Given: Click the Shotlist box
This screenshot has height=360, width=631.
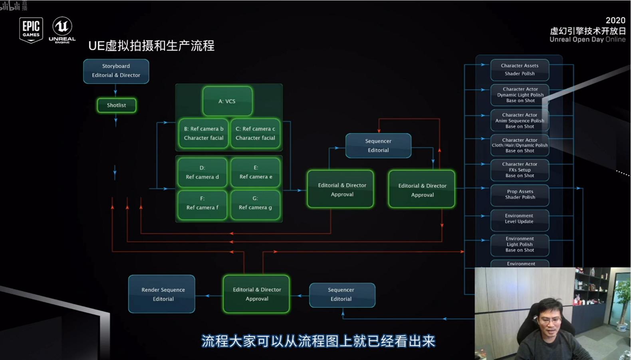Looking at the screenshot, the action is coord(116,105).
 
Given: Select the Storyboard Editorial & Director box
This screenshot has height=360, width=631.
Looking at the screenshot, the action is coord(116,71).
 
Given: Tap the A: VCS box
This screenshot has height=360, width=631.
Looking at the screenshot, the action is coord(227,101).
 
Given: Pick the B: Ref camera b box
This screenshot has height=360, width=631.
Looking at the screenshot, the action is coord(203,133).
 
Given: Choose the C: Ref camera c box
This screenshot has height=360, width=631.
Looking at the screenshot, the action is coord(255,133).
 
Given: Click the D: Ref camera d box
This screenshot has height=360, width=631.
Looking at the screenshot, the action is coord(202,172).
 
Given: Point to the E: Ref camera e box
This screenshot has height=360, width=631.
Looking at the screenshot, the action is coord(256,172).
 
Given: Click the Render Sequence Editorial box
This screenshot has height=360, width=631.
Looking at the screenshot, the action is coord(162,294).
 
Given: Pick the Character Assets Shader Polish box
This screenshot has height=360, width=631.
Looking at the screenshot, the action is coord(520,70).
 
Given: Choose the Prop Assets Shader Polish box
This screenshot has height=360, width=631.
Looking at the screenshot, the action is coord(520,195).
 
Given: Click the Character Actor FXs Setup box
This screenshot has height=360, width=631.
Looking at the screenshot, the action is coord(520,170).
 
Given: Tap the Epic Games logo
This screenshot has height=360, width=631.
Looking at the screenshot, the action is coord(31,30).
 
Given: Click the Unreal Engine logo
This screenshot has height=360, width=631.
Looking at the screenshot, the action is coord(62,30).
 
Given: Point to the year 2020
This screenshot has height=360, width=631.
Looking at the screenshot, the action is coord(615,20).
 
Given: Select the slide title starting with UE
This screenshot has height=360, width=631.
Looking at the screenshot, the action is coord(151,46).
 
